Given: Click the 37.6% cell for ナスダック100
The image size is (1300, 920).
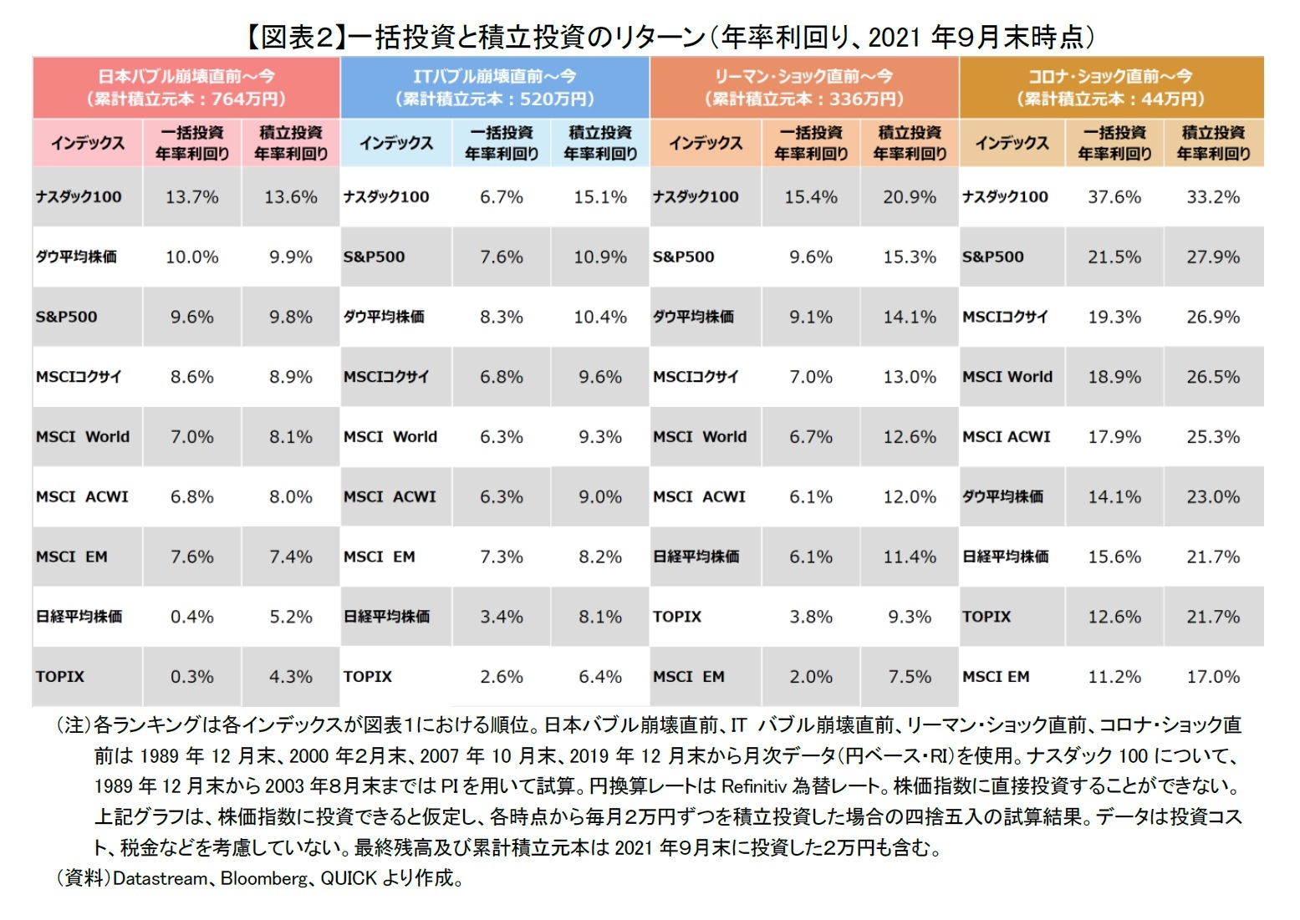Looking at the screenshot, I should [1114, 197].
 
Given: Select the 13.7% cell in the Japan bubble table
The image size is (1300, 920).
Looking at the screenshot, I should [191, 197].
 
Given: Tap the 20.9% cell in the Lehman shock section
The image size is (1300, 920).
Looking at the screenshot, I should [909, 197].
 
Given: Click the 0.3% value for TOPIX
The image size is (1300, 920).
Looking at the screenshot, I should [191, 677].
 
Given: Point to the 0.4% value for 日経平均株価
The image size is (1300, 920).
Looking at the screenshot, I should [191, 617].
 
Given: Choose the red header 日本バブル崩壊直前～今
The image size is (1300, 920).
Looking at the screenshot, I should [186, 87].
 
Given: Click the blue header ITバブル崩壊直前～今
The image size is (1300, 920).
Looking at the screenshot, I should [494, 87].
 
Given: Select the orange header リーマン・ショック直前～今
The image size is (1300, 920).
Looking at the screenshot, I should [803, 87].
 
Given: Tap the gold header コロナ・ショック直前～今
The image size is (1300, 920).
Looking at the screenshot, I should [1110, 87].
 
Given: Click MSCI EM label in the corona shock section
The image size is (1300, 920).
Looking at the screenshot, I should [996, 677].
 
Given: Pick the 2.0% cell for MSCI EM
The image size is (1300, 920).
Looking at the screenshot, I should [810, 677].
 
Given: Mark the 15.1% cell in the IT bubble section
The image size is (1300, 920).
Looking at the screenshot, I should [599, 197].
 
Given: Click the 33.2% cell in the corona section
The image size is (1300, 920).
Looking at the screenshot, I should [1212, 197].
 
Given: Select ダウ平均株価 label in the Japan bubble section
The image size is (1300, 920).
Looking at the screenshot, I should [76, 257].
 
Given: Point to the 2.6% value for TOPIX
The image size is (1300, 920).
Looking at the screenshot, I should [501, 677].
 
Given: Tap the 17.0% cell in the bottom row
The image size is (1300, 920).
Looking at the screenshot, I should [1212, 677].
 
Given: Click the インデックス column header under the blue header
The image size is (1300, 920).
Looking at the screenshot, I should [396, 143].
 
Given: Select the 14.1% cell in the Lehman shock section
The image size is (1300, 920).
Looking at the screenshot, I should [909, 318].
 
